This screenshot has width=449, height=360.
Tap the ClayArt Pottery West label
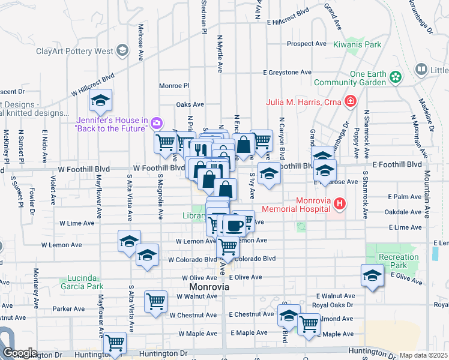pos(74,51)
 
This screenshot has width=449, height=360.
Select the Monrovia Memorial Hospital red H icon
pos(340,204)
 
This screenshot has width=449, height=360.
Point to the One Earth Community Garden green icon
pos(395,76)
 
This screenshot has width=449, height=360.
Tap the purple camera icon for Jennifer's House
pos(156,124)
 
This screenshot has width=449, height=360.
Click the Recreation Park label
pos(399,261)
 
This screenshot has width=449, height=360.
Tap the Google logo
pos(19,353)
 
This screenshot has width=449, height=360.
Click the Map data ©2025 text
pos(423,355)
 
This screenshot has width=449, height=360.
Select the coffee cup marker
pos(234,226)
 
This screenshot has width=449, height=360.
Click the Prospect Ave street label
pos(306,44)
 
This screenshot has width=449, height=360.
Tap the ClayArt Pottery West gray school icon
pos(123,50)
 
